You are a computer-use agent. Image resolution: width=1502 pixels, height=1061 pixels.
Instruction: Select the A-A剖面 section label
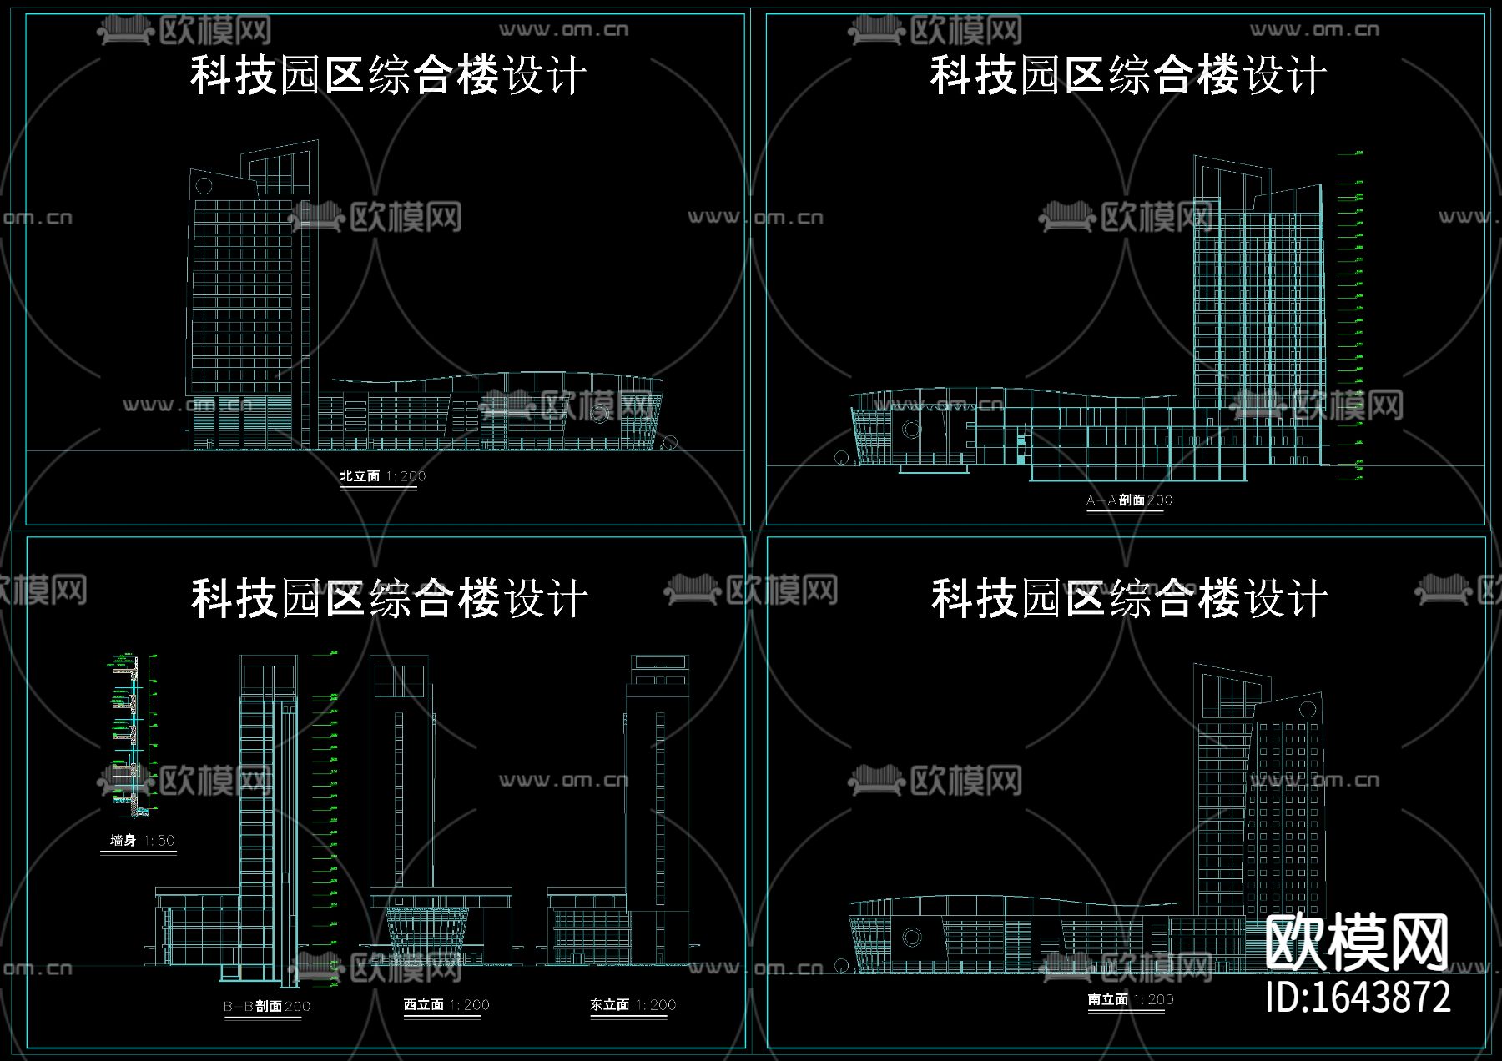tap(1128, 500)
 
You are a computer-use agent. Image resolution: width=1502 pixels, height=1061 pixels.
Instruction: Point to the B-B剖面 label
tap(266, 1006)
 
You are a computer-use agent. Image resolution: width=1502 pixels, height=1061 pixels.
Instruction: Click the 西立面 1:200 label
tap(446, 1005)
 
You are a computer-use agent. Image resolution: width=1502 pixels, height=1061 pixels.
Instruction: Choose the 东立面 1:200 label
tap(633, 1005)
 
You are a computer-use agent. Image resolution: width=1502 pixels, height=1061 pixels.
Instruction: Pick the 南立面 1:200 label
tap(1130, 999)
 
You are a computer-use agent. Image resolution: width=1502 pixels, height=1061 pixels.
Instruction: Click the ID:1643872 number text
tap(1358, 997)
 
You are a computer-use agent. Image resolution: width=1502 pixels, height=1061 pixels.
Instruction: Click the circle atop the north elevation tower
tap(204, 185)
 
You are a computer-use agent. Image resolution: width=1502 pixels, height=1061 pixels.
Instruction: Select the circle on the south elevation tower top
tap(1307, 710)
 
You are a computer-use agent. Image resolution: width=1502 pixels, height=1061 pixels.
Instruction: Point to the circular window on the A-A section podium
tap(911, 430)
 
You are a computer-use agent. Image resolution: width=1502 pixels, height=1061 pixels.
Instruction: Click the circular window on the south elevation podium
tap(911, 938)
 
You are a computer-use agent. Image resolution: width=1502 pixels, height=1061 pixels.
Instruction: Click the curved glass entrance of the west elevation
tap(427, 935)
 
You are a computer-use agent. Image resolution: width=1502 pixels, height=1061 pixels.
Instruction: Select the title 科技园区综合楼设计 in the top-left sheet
tap(388, 75)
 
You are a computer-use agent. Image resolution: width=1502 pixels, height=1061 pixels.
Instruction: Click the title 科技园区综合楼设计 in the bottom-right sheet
tap(1128, 599)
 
